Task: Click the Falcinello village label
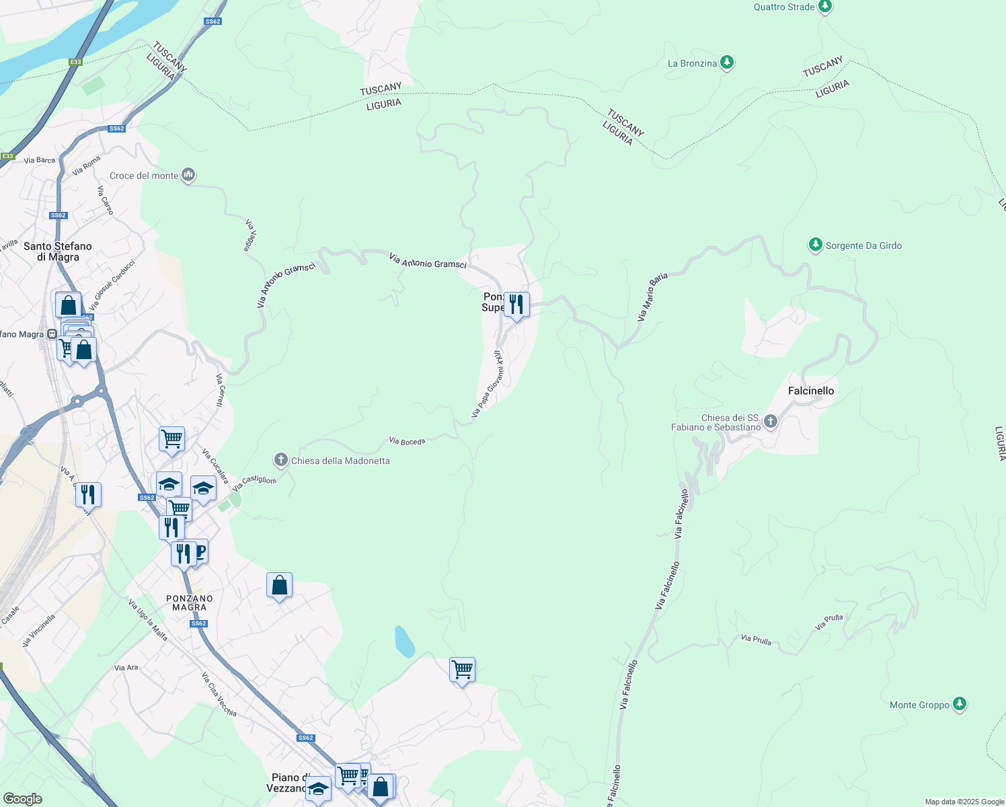pyautogui.click(x=810, y=391)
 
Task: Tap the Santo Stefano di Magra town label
pyautogui.click(x=58, y=252)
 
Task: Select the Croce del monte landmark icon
pyautogui.click(x=188, y=175)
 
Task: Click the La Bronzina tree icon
pyautogui.click(x=726, y=63)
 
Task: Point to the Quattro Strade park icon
pyautogui.click(x=825, y=7)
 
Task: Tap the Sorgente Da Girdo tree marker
pyautogui.click(x=816, y=245)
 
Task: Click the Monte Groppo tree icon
pyautogui.click(x=960, y=704)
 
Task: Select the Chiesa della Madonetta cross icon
pyautogui.click(x=280, y=460)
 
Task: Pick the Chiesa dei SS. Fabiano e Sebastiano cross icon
pyautogui.click(x=771, y=422)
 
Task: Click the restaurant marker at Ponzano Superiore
pyautogui.click(x=516, y=305)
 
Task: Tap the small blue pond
pyautogui.click(x=404, y=642)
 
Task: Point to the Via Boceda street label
pyautogui.click(x=407, y=441)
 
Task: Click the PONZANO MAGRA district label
pyautogui.click(x=189, y=603)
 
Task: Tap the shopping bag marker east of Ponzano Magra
pyautogui.click(x=279, y=586)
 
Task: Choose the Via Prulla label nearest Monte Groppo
pyautogui.click(x=828, y=621)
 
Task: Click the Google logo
pyautogui.click(x=22, y=798)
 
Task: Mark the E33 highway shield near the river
pyautogui.click(x=75, y=62)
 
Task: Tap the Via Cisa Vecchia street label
pyautogui.click(x=219, y=694)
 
